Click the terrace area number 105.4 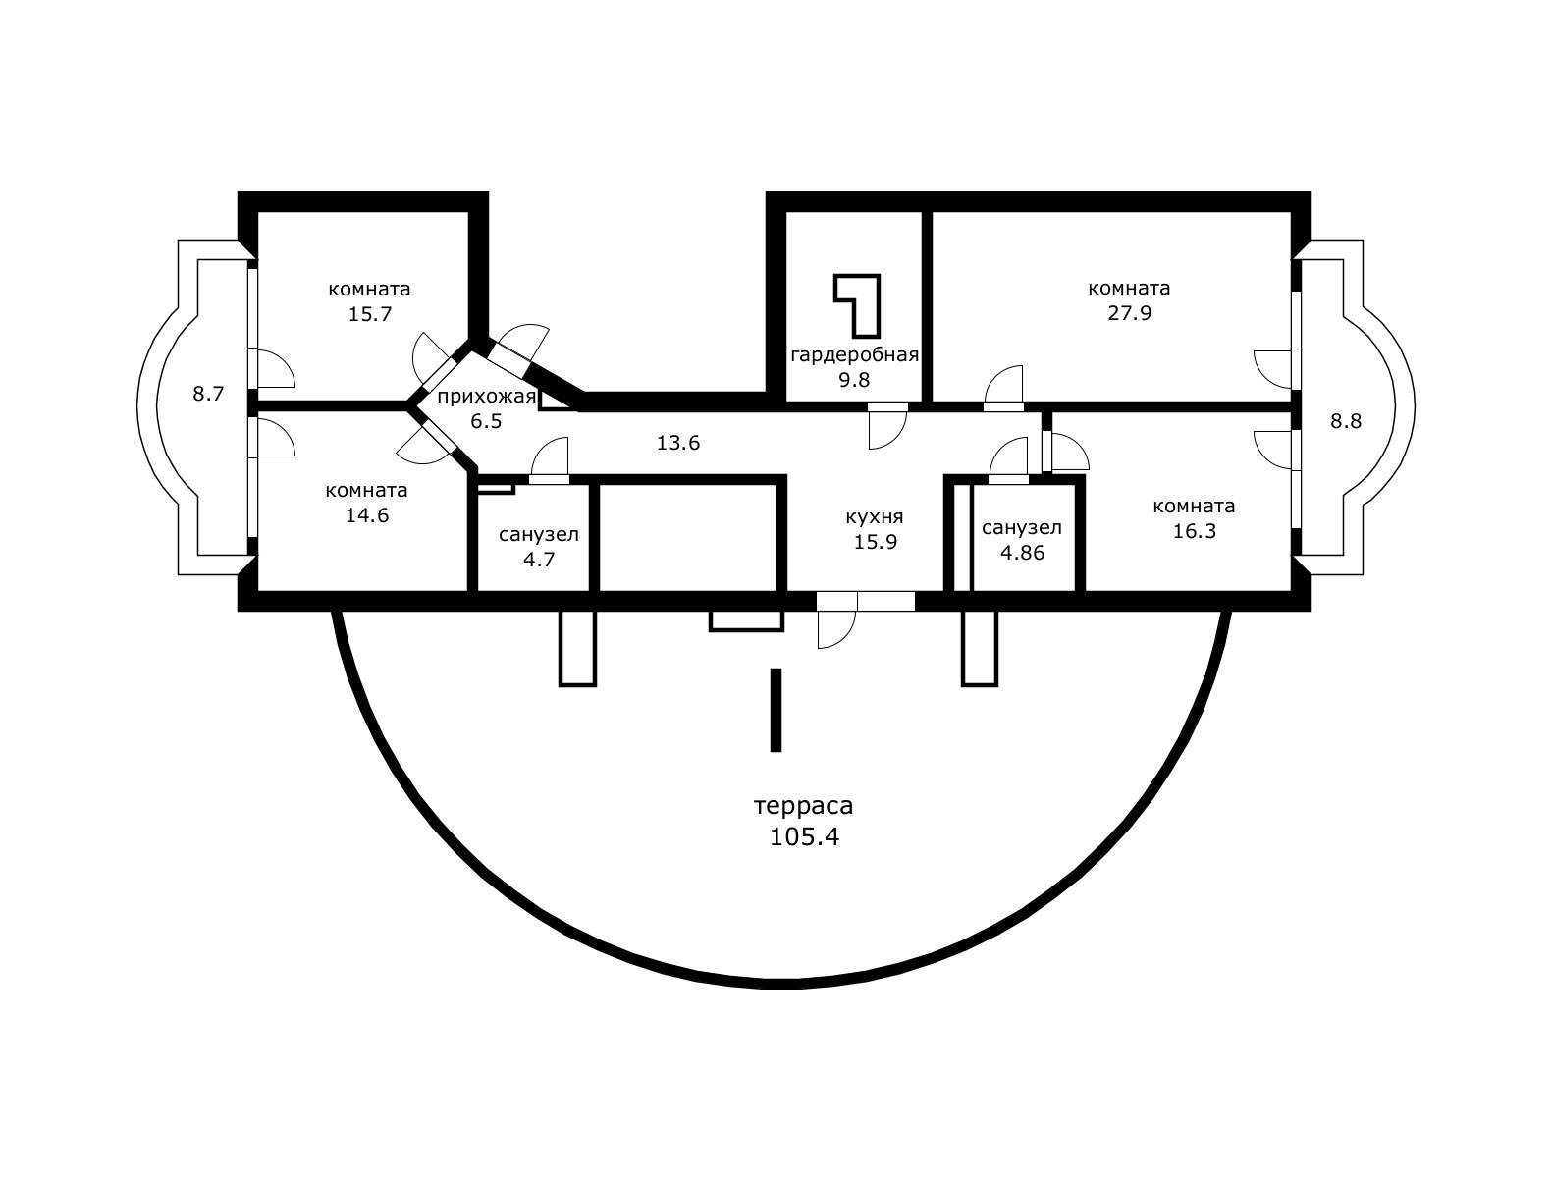point(804,837)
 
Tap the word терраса point(803,806)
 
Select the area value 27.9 point(1128,313)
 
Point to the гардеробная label point(854,354)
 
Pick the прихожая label point(487,397)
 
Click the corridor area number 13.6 point(677,443)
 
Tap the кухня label point(874,516)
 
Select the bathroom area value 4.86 point(1022,553)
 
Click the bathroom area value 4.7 point(539,561)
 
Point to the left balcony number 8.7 point(208,395)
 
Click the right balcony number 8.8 point(1346,421)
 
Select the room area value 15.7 point(369,314)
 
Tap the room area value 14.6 point(367,515)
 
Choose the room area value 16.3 point(1194,531)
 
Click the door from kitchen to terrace point(835,625)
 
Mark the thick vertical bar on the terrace point(776,710)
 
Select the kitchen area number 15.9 point(875,541)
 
